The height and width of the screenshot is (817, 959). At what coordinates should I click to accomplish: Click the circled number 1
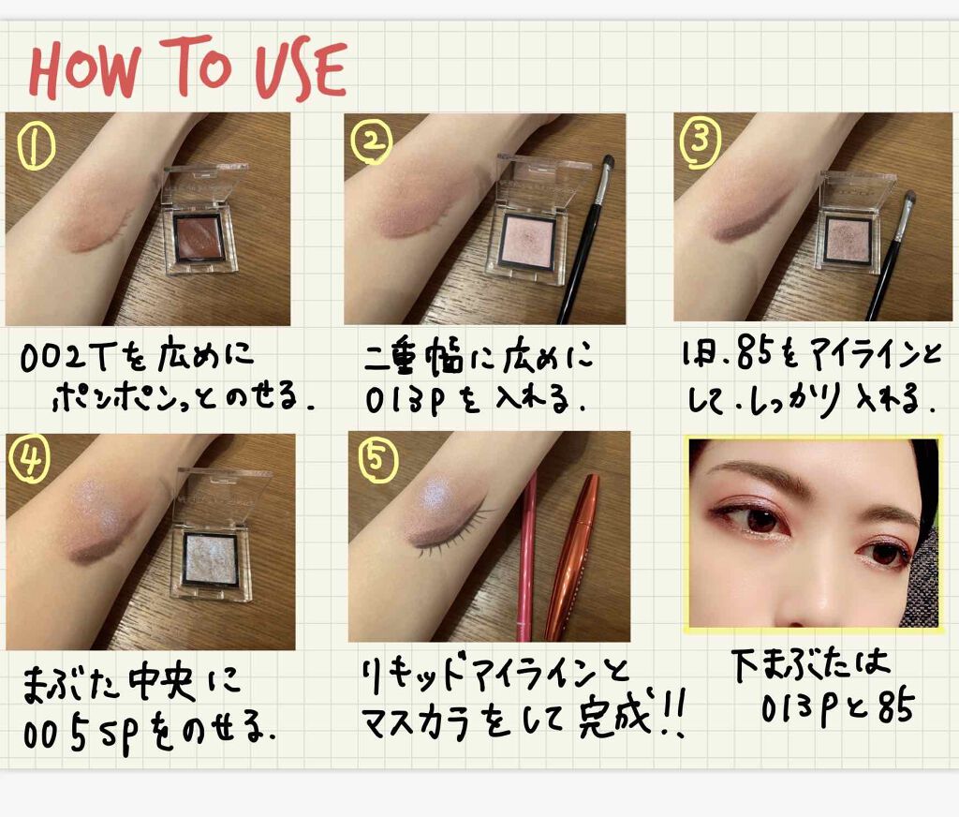point(36,144)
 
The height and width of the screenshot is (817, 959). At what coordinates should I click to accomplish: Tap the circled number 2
point(371,142)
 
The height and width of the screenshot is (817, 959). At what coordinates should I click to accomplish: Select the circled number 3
point(701,142)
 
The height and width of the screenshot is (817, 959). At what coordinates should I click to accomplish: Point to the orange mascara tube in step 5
point(572,556)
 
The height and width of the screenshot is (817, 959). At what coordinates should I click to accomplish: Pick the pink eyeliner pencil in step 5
point(525,556)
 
